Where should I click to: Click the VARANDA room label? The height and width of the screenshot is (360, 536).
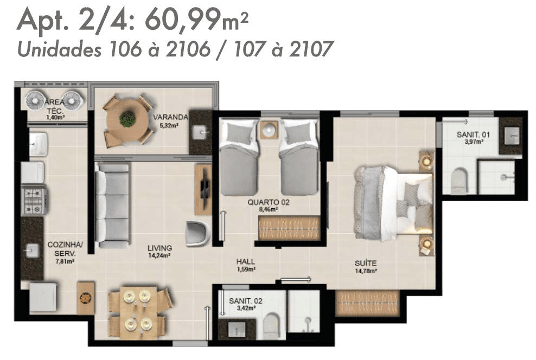[170, 117]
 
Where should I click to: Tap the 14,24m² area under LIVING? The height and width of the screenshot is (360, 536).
[159, 255]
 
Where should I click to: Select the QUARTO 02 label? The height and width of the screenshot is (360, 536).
[269, 202]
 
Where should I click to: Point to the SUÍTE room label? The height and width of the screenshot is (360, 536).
[366, 263]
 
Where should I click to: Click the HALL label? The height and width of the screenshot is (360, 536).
[245, 262]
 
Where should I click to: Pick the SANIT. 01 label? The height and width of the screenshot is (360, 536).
[473, 135]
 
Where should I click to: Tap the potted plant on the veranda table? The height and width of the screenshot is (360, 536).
[128, 118]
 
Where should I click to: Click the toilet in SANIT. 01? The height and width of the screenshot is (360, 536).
[458, 181]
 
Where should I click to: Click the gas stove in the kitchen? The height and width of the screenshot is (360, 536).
[34, 201]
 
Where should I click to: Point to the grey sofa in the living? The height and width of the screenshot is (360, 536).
[112, 205]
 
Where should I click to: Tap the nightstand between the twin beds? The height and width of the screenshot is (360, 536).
[270, 130]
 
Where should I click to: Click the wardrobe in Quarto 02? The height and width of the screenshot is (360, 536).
[289, 228]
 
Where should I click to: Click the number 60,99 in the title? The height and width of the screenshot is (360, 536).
[183, 20]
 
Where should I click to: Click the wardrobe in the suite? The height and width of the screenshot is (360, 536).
[367, 303]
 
